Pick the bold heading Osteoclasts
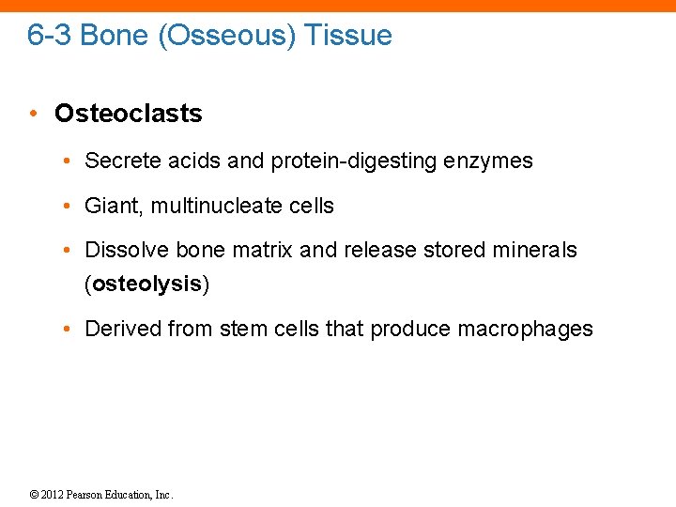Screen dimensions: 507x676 point(128,114)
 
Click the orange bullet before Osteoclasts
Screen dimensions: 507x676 point(33,114)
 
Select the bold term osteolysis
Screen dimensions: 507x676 point(147,284)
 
